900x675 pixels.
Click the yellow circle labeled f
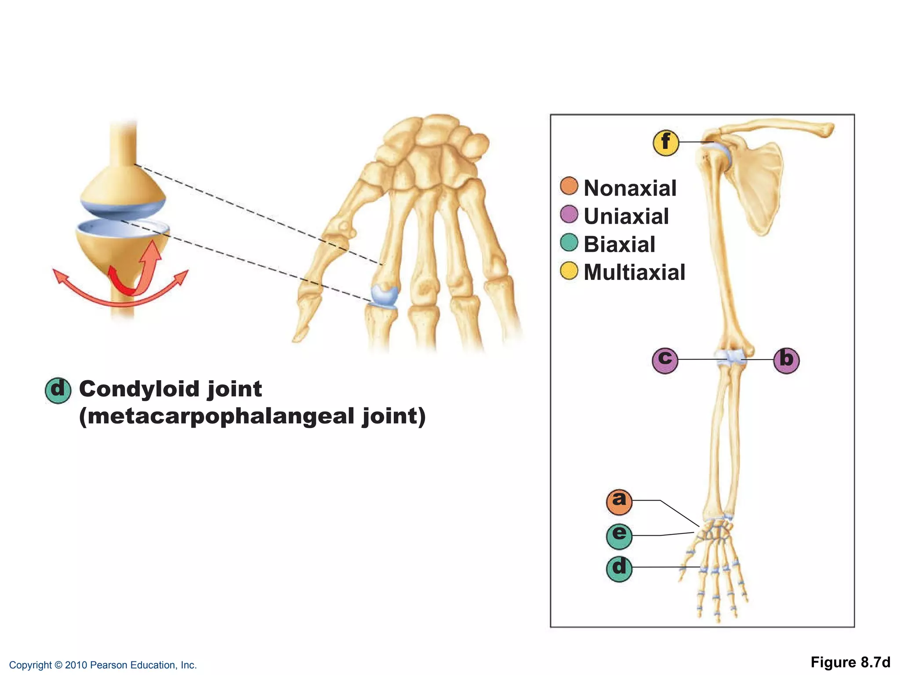coord(666,143)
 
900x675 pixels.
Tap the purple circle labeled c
coord(665,360)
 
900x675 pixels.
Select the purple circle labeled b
coord(786,360)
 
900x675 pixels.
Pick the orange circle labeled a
coord(619,501)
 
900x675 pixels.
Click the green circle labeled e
coord(619,536)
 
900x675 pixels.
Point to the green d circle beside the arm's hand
coord(619,568)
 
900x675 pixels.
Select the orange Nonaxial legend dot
coord(569,186)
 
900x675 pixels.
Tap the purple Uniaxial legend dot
coord(569,214)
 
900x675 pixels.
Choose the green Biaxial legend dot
coord(569,243)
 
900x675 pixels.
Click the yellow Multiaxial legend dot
coord(569,271)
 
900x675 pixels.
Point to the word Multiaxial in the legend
coord(634,272)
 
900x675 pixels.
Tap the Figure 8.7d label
coord(850,662)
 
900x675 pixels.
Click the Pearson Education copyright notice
coord(103,665)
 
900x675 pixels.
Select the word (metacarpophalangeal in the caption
coord(217,417)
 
